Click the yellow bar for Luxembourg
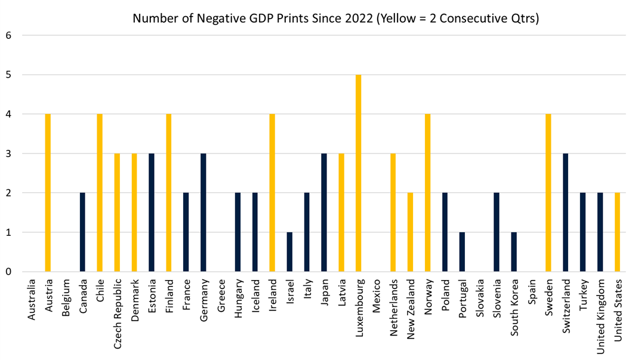(x=359, y=173)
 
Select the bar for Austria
(x=48, y=193)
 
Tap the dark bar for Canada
(x=82, y=232)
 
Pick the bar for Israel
(x=289, y=252)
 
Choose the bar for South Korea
(x=514, y=252)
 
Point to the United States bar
(x=618, y=232)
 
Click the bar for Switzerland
(x=566, y=213)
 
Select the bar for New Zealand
(x=411, y=232)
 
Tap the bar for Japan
(x=324, y=213)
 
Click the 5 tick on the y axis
(x=8, y=75)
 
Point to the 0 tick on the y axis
(x=8, y=272)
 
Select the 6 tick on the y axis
(x=8, y=36)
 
